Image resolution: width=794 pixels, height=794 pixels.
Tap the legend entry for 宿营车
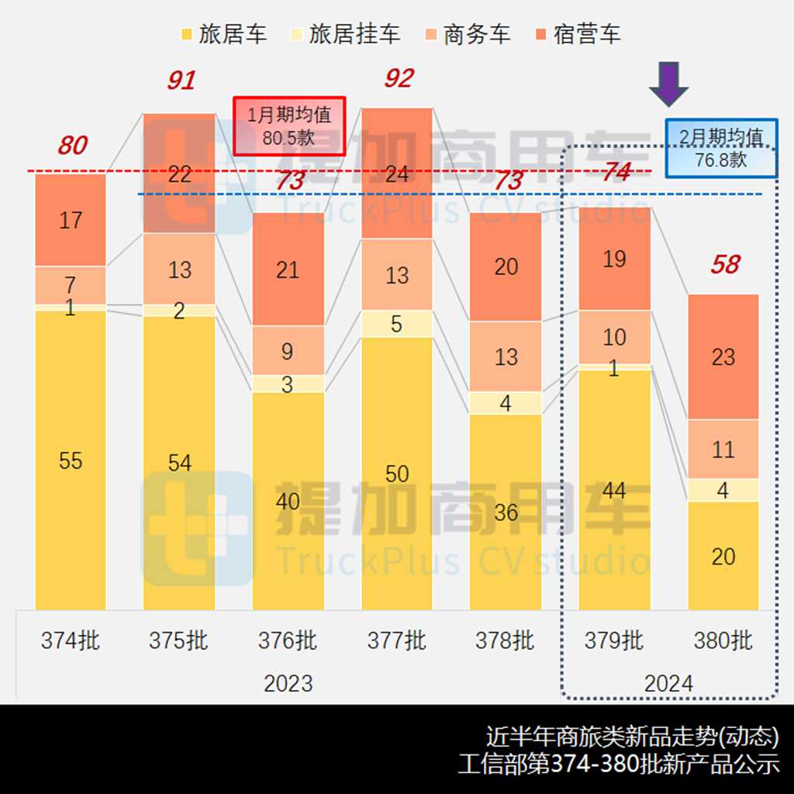(x=577, y=34)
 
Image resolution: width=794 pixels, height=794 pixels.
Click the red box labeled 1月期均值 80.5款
(x=289, y=126)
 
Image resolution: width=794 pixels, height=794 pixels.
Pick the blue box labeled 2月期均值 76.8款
(x=721, y=148)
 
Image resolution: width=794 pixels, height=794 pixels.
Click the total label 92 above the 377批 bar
(x=399, y=78)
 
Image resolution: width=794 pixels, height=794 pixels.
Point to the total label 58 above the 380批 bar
(x=725, y=264)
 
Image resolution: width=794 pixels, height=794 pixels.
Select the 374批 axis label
(x=71, y=641)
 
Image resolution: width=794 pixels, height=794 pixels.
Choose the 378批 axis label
(x=506, y=641)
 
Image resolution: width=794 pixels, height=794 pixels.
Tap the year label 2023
(x=288, y=683)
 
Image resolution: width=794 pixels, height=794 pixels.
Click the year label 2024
(x=668, y=683)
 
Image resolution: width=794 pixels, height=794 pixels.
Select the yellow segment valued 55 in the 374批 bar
(x=71, y=461)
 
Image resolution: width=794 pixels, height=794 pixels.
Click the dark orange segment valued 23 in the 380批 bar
(x=723, y=357)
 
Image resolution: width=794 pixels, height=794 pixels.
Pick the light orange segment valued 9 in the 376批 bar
(x=288, y=350)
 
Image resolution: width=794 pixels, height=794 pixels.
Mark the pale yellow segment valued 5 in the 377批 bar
(x=397, y=324)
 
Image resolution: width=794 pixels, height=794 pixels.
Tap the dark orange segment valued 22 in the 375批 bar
(x=179, y=174)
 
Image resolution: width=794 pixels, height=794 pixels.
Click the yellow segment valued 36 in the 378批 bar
(x=506, y=512)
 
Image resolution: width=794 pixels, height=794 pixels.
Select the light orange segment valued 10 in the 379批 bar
(x=614, y=337)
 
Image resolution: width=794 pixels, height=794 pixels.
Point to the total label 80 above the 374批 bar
(x=72, y=145)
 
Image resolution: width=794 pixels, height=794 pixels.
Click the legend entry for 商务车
(x=467, y=34)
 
